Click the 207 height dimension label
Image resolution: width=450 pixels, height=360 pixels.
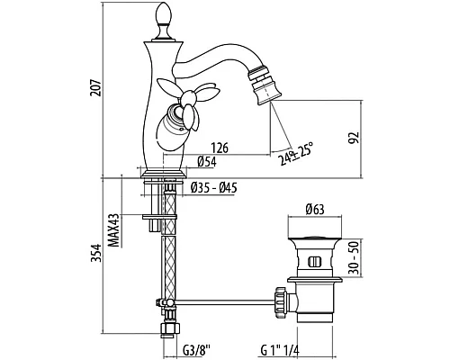(95, 87)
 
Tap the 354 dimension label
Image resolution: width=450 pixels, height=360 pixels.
(95, 253)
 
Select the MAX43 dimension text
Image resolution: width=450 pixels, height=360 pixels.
(113, 230)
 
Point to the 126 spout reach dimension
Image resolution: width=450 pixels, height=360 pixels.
(220, 148)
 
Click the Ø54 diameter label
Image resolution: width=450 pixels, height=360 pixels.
(207, 162)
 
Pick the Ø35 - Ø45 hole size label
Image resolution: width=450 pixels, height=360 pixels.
(214, 188)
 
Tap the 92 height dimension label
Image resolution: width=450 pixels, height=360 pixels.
(355, 138)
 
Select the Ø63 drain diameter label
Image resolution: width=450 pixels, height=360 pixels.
(315, 209)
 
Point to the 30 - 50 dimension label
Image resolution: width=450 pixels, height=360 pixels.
(355, 258)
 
